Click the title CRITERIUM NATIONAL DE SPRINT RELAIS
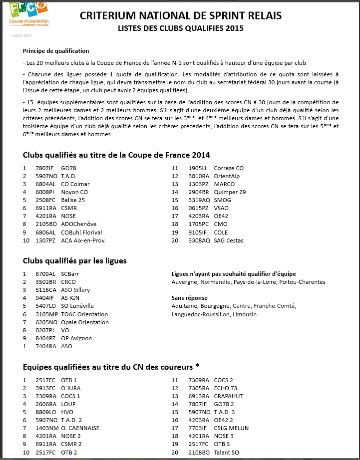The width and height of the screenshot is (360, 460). click(180, 16)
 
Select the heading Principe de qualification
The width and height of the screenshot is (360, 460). click(56, 51)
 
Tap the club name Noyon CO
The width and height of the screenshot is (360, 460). click(74, 192)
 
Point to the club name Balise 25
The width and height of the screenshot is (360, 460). click(73, 200)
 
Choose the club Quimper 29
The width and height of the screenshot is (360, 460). click(230, 192)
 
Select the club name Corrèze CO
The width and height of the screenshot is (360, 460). click(229, 168)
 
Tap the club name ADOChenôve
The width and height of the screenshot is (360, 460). click(79, 225)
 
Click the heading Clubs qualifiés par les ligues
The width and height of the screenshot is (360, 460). click(75, 261)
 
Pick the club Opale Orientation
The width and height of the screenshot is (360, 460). click(85, 322)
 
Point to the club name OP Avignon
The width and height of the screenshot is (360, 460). click(76, 338)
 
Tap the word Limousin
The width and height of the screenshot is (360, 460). click(244, 314)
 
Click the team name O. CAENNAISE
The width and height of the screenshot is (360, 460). click(80, 428)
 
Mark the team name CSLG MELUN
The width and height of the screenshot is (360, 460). click(231, 428)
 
